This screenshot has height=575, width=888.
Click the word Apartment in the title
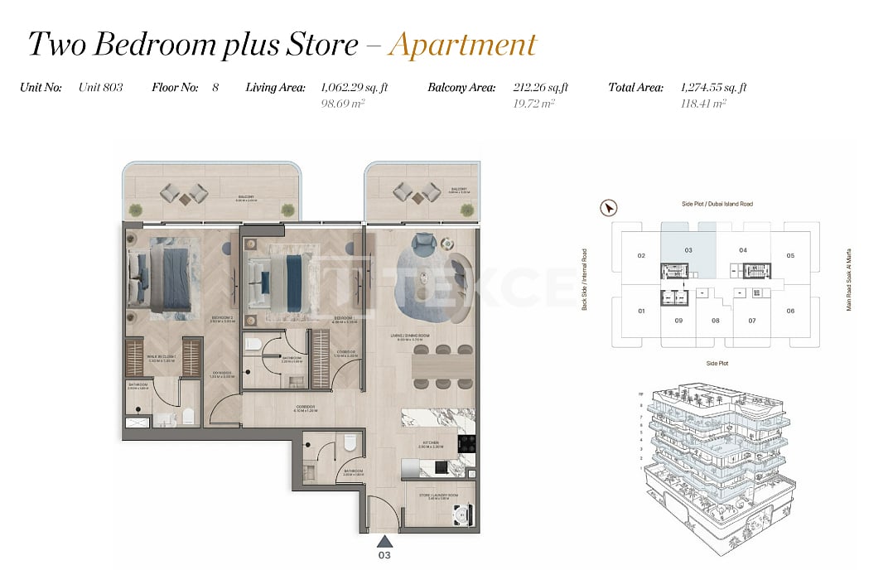(462, 45)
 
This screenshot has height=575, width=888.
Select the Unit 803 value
(100, 87)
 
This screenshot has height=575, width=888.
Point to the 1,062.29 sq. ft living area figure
(354, 87)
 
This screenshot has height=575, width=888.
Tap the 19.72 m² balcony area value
(534, 104)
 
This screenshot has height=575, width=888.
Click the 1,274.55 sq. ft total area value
(713, 87)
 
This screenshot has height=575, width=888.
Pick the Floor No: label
(175, 87)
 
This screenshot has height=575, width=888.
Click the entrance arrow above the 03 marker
(384, 540)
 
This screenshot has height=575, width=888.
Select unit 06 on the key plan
(790, 311)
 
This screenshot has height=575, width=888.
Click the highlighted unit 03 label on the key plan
(688, 249)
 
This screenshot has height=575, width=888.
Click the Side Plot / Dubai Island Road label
(717, 204)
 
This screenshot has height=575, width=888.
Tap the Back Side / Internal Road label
(584, 279)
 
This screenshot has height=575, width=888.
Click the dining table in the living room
(443, 365)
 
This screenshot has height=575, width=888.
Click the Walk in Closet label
(163, 358)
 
